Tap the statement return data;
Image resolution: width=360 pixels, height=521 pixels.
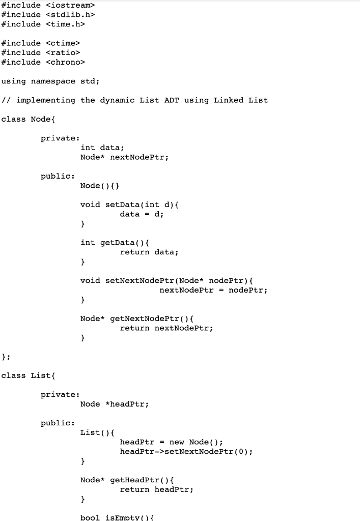(x=149, y=252)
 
